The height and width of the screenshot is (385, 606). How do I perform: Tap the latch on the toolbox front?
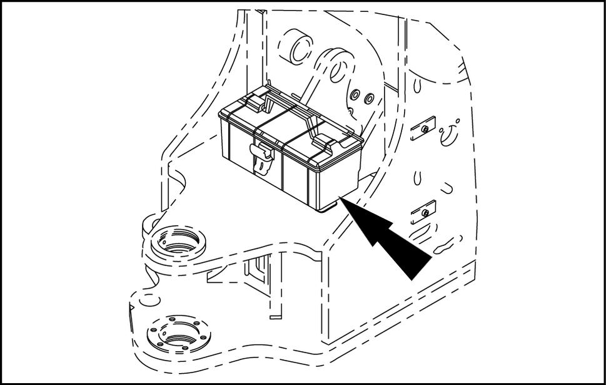click(259, 157)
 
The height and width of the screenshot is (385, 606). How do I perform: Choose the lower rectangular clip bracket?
click(423, 213)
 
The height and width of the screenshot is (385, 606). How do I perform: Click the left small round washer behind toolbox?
click(355, 95)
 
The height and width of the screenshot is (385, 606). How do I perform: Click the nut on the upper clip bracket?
click(425, 130)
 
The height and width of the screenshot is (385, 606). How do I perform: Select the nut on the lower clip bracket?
click(425, 213)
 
